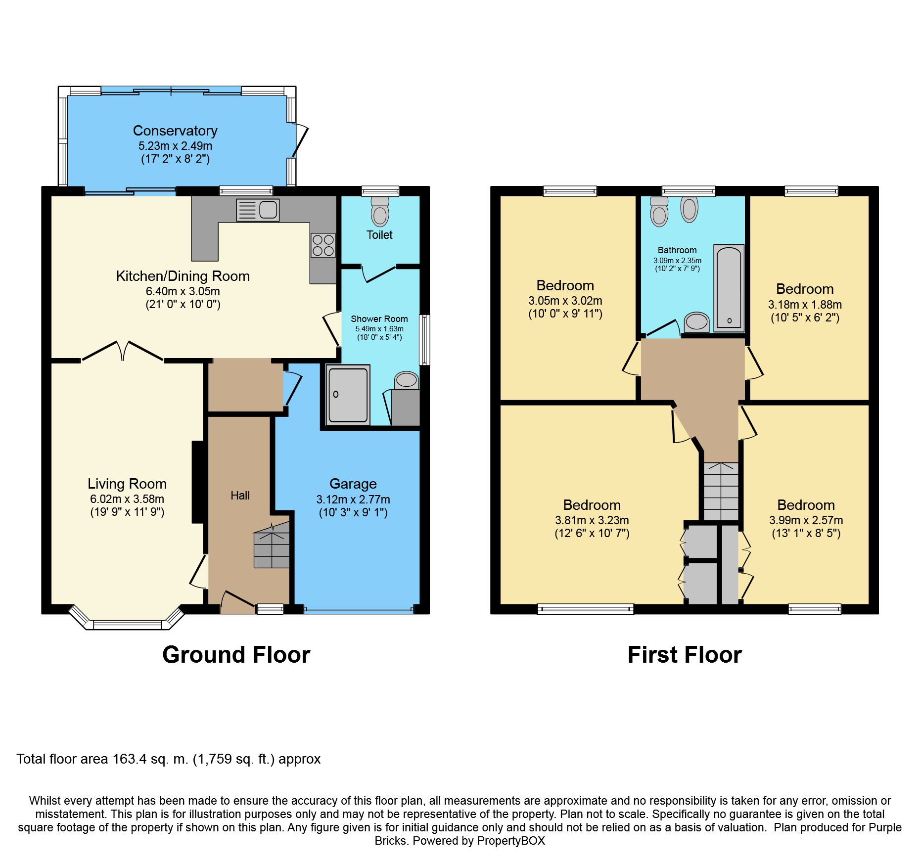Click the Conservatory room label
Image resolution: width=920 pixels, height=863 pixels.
[x=175, y=131]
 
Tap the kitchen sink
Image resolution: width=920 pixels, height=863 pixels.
[x=258, y=210]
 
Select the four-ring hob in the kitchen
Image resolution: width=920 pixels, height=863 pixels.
[x=322, y=245]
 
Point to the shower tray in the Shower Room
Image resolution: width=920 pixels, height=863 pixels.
[x=348, y=394]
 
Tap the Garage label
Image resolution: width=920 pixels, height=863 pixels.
[x=353, y=484]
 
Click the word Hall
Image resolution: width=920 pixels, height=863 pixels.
[x=240, y=496]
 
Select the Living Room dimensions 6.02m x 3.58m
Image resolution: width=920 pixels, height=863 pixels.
[x=127, y=499]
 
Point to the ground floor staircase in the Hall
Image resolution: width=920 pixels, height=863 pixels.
[x=272, y=546]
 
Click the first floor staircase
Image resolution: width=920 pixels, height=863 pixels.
[x=721, y=491]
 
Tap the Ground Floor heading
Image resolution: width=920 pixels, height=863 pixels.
[x=236, y=655]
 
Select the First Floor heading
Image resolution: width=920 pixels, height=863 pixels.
[x=685, y=655]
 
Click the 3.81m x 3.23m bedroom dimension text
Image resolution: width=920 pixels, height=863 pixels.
[x=592, y=520]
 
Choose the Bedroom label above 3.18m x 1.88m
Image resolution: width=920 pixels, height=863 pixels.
[x=805, y=289]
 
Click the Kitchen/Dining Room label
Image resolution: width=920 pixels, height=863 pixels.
[x=183, y=276]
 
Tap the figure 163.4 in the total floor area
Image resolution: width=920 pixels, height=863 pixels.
[x=130, y=759]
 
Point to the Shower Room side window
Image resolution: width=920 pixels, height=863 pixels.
[x=424, y=340]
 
